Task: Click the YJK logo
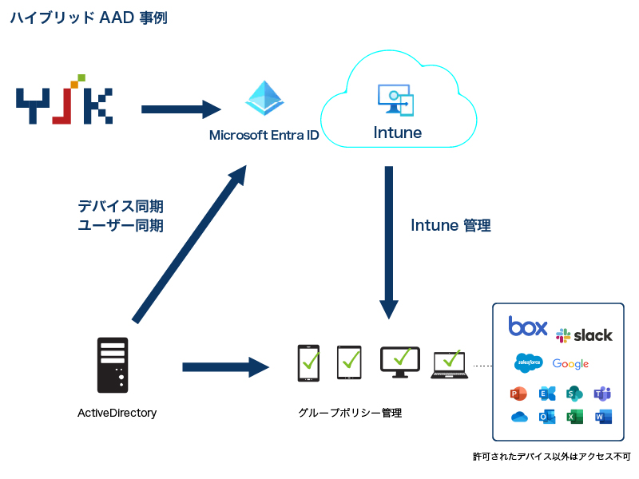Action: click(64, 99)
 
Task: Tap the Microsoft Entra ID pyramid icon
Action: click(264, 98)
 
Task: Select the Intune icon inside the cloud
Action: click(395, 100)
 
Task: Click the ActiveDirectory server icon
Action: click(113, 365)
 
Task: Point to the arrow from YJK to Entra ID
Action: click(181, 109)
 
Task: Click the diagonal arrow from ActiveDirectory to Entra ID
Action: click(189, 244)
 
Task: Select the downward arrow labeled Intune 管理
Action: click(389, 243)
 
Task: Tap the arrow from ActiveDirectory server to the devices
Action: click(226, 367)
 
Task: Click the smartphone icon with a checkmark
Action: click(308, 363)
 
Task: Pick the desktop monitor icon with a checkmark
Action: click(400, 362)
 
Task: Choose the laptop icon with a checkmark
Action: click(450, 365)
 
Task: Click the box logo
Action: click(528, 327)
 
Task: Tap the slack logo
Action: click(584, 335)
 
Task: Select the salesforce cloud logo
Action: click(529, 362)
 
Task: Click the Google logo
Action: click(570, 364)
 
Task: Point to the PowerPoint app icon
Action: click(518, 394)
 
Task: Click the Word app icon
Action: click(603, 417)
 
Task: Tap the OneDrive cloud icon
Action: click(519, 417)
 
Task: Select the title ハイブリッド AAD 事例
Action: click(89, 18)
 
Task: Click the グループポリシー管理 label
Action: click(350, 413)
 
